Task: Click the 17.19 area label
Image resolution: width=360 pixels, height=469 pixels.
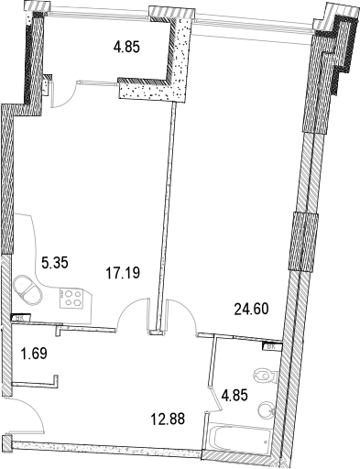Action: [125, 272]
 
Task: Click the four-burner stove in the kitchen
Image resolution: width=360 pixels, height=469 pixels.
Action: [71, 299]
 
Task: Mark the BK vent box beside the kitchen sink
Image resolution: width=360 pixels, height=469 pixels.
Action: [16, 318]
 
